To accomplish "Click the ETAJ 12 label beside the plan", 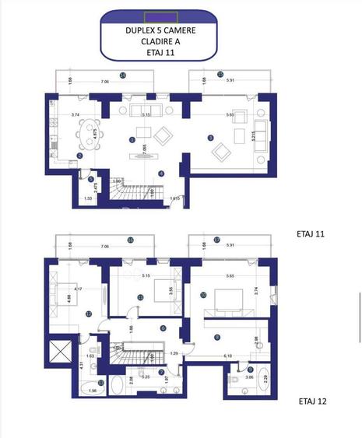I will [x=313, y=402].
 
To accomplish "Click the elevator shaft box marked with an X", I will [x=60, y=352].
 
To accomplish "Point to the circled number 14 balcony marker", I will [x=123, y=75].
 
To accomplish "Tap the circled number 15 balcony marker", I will [x=220, y=75].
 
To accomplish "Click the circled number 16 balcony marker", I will [x=131, y=240].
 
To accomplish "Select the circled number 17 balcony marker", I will [x=217, y=240].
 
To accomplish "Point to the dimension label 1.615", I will [x=177, y=199].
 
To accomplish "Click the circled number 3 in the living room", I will [x=210, y=138].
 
